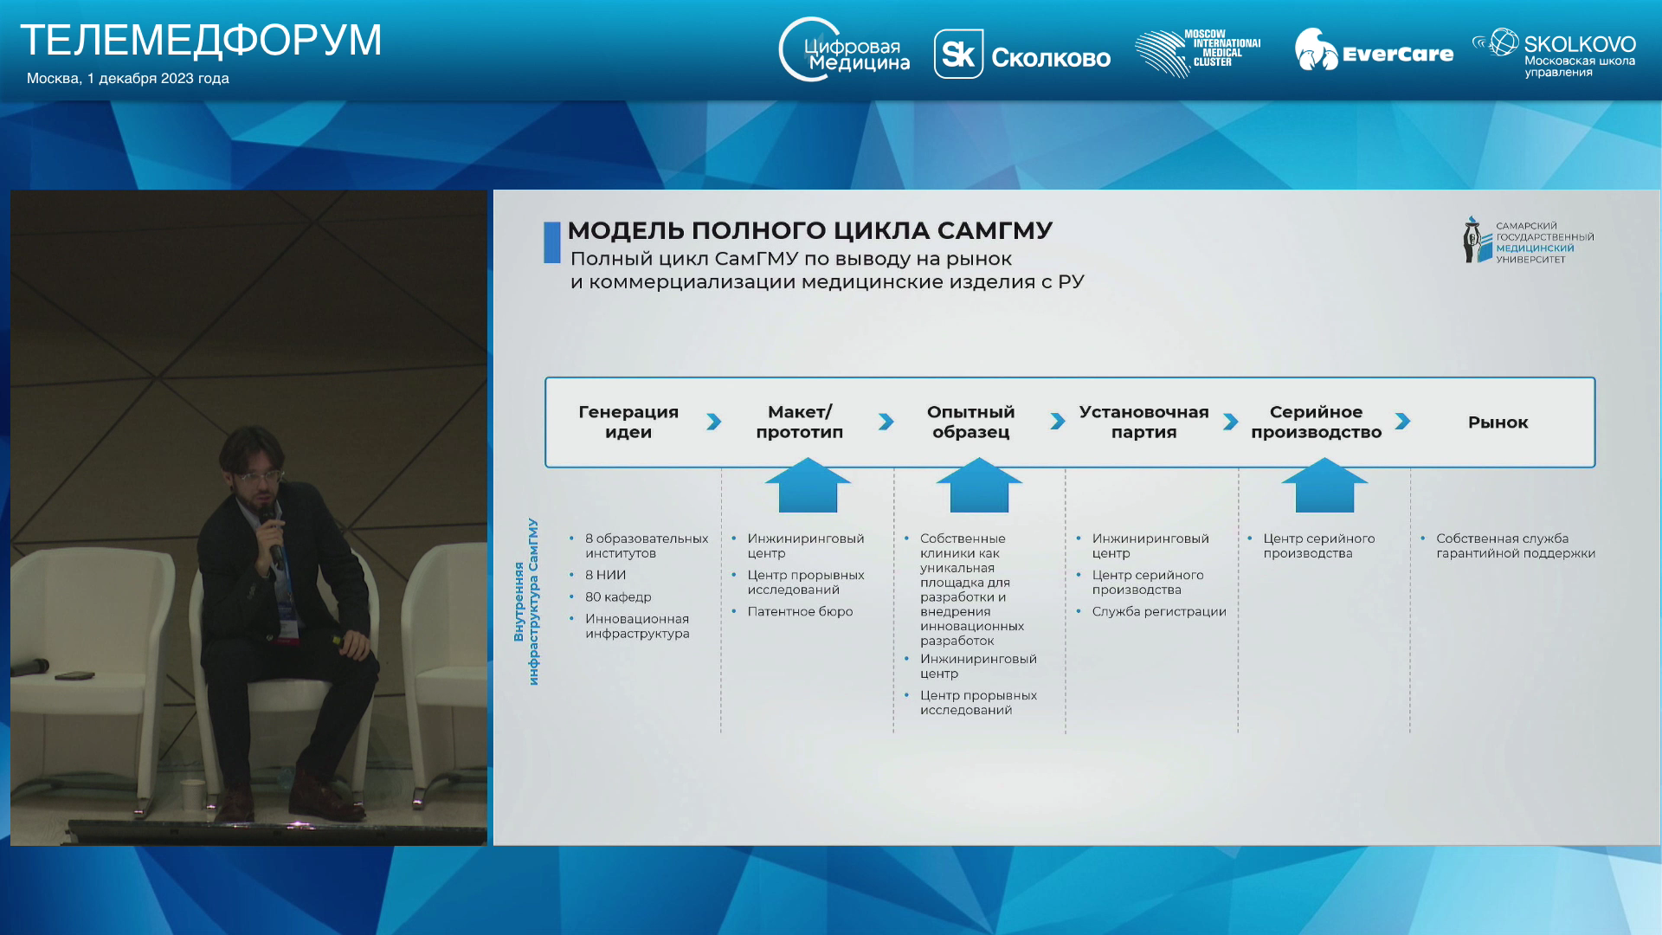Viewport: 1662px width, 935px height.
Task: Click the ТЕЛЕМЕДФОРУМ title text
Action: tap(201, 41)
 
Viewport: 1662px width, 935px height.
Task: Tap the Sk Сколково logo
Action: tap(1021, 54)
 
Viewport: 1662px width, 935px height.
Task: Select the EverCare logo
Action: tap(1374, 50)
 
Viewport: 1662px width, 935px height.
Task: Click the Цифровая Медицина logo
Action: tap(844, 50)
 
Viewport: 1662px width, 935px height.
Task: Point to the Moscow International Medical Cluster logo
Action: tap(1198, 53)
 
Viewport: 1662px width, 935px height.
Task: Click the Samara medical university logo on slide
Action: tap(1529, 240)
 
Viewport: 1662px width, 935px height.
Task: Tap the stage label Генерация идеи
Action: tap(628, 422)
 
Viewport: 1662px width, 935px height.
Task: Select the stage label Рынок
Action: tap(1498, 422)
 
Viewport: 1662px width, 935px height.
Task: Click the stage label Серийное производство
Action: tap(1316, 422)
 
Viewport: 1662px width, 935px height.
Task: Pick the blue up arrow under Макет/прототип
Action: tap(808, 486)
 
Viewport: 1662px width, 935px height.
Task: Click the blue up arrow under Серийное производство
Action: tap(1324, 486)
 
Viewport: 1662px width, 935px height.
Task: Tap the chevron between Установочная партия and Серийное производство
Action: tap(1230, 422)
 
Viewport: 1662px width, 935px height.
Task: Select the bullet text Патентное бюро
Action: tap(800, 612)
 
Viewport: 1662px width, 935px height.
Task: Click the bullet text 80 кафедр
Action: tap(618, 597)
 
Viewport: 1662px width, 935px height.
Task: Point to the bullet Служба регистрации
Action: tap(1159, 612)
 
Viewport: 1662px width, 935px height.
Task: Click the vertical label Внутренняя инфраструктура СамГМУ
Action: tap(525, 602)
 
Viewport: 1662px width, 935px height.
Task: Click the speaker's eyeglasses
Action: tap(261, 476)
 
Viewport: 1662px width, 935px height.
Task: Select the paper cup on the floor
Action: tap(192, 792)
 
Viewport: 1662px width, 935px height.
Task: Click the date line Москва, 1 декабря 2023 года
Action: tap(128, 79)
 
